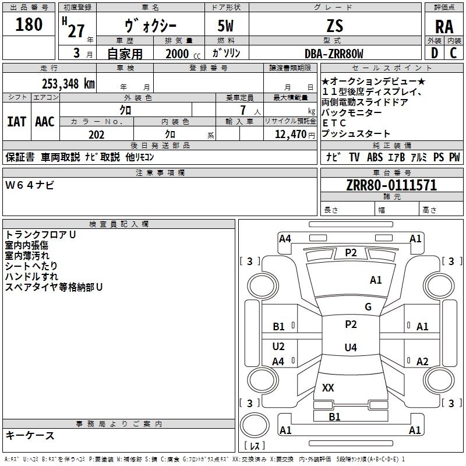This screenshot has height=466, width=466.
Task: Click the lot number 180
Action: point(29,24)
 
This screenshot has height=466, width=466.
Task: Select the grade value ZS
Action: point(335,25)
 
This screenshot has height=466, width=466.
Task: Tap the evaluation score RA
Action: point(444,27)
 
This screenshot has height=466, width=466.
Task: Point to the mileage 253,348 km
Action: point(68,83)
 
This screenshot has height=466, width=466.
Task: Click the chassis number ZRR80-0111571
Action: point(391,185)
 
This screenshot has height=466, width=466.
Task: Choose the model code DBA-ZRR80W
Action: point(334,54)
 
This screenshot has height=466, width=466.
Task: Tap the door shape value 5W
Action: point(227,25)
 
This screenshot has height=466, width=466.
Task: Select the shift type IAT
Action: point(16,122)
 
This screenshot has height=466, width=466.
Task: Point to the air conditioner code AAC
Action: point(45,122)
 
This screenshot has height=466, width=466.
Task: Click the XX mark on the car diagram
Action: point(328,387)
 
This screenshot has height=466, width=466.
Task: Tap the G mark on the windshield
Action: point(368,307)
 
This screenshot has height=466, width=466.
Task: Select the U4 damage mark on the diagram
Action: point(350,348)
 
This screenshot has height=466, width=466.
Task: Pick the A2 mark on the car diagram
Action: point(422,361)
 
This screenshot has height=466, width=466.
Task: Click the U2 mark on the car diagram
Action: point(278,347)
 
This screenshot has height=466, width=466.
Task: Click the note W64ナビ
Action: point(30,185)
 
